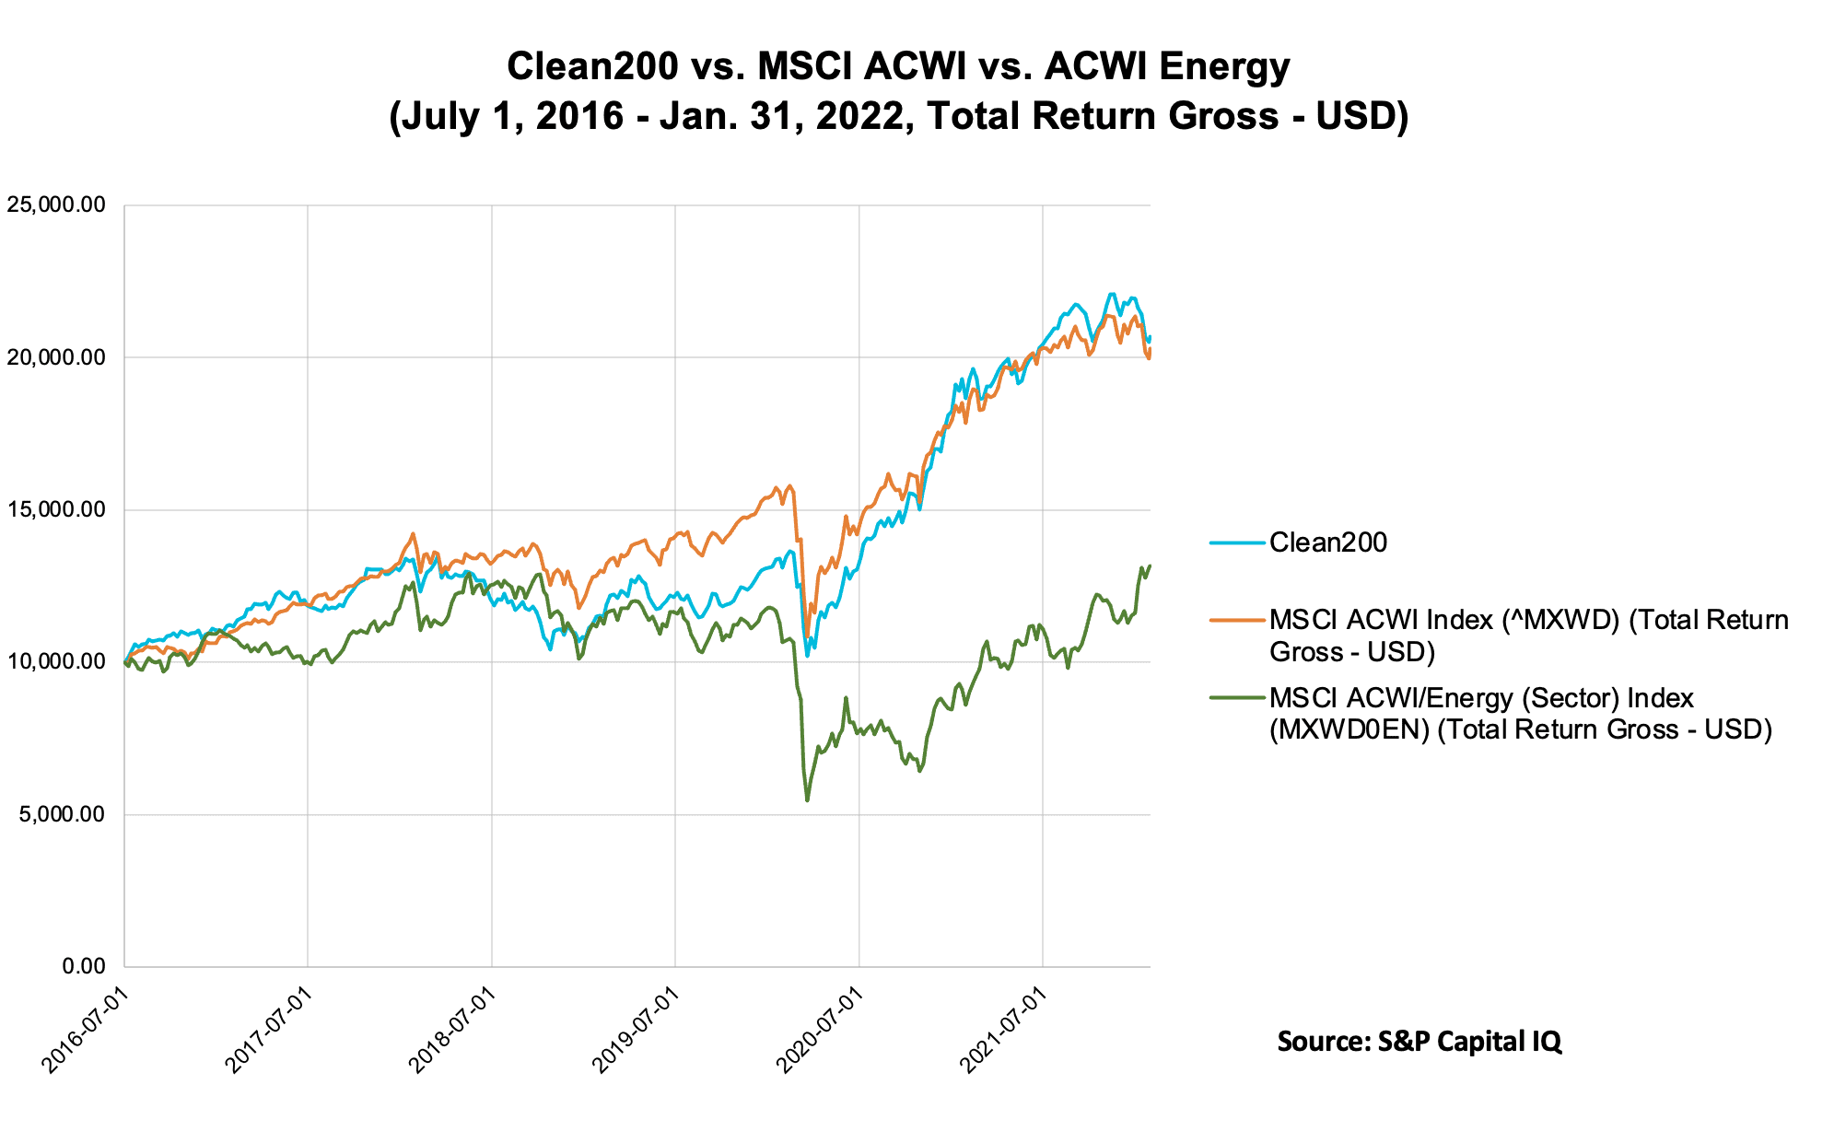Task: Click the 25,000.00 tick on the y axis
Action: [56, 205]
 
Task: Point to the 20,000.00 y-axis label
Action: [56, 357]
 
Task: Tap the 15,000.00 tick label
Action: [56, 510]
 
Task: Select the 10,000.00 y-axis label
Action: [56, 662]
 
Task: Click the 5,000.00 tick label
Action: [60, 815]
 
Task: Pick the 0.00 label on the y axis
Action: [84, 967]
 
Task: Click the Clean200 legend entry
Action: [1327, 542]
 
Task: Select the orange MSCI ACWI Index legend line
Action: [1237, 621]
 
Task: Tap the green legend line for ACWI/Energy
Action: [1237, 698]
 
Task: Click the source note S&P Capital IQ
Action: [1419, 1042]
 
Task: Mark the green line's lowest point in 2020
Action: [808, 800]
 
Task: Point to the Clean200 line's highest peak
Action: [1112, 294]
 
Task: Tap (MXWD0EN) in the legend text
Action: [1349, 730]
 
